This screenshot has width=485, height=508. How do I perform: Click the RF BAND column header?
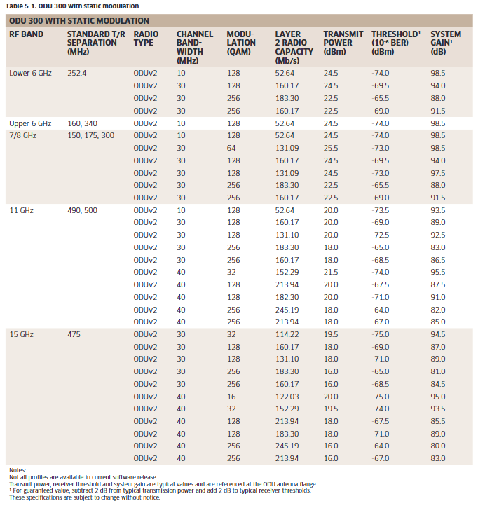pos(26,34)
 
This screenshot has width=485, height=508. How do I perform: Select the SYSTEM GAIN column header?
pos(446,43)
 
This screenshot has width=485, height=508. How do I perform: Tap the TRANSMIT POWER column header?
pos(343,43)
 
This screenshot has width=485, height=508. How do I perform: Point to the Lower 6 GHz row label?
pos(30,73)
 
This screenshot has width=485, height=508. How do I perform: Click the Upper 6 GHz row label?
pos(30,123)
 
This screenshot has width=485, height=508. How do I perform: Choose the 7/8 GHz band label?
pos(22,135)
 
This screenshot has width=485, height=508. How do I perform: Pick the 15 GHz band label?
pos(22,334)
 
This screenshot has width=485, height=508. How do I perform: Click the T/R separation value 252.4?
pos(77,73)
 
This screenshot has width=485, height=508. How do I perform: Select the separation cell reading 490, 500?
pos(82,211)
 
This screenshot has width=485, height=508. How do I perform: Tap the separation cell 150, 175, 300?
pos(90,135)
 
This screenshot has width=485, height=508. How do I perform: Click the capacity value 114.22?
pos(287,334)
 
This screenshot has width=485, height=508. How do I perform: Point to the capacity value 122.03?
pos(287,397)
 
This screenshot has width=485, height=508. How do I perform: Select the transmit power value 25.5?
pos(331,148)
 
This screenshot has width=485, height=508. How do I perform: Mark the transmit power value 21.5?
pos(331,272)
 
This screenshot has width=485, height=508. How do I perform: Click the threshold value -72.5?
pos(381,235)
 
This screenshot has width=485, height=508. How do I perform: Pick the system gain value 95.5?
pos(438,272)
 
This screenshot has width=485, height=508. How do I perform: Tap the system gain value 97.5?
pos(438,173)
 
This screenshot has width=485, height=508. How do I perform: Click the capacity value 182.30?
pos(287,297)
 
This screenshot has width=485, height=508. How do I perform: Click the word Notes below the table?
pos(18,470)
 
